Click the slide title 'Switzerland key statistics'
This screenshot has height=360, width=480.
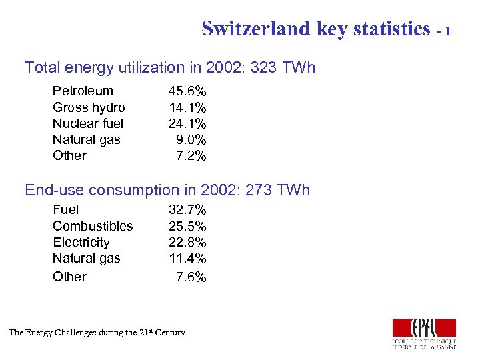click(x=316, y=29)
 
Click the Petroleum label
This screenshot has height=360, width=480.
click(x=83, y=91)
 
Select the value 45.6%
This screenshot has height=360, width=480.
click(x=187, y=91)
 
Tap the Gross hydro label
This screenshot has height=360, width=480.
click(x=89, y=107)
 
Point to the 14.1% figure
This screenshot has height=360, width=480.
click(x=187, y=107)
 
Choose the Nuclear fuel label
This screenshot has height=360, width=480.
click(x=88, y=123)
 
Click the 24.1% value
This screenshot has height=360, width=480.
click(x=187, y=123)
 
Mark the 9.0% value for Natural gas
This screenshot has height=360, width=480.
click(x=191, y=139)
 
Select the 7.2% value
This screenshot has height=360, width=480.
click(x=191, y=155)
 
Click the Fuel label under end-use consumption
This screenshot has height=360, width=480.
click(x=65, y=210)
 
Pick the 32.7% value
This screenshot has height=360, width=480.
click(x=187, y=210)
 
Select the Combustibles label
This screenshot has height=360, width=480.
click(x=93, y=226)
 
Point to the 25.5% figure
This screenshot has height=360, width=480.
click(x=187, y=226)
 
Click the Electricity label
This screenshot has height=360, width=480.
click(x=81, y=242)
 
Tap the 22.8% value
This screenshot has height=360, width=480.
click(x=187, y=242)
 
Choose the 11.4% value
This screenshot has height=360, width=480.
click(x=187, y=258)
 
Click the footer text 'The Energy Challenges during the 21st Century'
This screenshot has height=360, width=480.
click(x=97, y=332)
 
